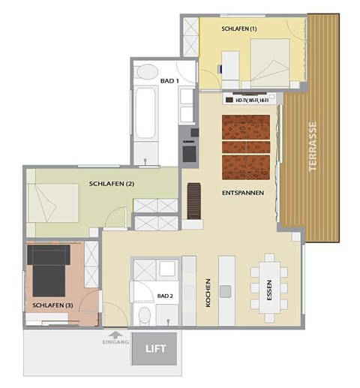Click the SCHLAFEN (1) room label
tap(239, 29)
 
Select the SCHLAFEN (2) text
tap(111, 184)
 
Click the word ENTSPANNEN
tap(241, 193)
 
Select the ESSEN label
tap(280, 288)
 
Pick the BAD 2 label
tap(165, 296)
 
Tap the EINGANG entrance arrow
tap(114, 336)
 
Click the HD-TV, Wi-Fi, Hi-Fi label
tap(251, 99)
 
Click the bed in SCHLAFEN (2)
tap(53, 203)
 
